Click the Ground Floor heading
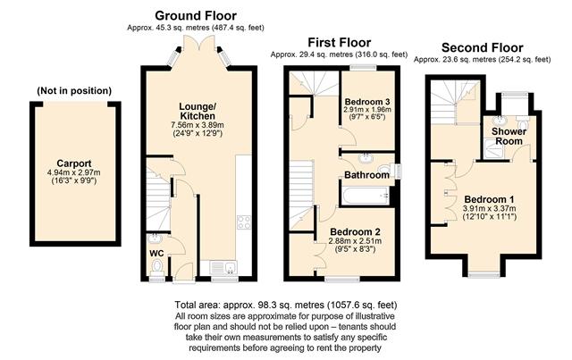[196, 16]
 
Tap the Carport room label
[74, 163]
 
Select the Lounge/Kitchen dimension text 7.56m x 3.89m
[198, 125]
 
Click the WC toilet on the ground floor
[157, 266]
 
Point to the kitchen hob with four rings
[244, 222]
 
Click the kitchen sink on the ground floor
[223, 268]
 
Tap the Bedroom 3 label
[367, 102]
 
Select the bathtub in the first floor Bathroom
[366, 196]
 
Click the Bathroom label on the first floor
[366, 175]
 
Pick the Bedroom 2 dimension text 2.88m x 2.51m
[355, 240]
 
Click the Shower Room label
[509, 136]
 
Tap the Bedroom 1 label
[489, 199]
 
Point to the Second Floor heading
[483, 47]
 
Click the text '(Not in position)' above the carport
[74, 90]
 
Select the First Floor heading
[340, 42]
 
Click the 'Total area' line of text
[286, 305]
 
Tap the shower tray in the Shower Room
[495, 150]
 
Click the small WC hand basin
[155, 239]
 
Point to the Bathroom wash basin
[365, 158]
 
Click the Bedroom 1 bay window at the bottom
[484, 275]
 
